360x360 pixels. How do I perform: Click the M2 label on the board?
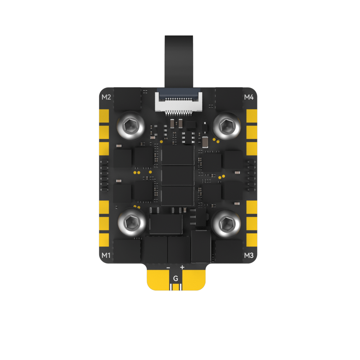tap(106, 97)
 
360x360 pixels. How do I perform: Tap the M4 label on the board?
tap(249, 97)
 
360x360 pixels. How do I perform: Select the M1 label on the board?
tap(106, 255)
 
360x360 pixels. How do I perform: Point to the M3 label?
tap(249, 255)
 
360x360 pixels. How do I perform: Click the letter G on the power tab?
tap(176, 279)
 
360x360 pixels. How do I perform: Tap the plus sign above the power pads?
tap(182, 267)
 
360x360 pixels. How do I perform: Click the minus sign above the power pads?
tap(168, 268)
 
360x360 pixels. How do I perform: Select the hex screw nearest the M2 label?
tap(131, 126)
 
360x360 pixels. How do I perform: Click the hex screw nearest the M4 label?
tap(227, 126)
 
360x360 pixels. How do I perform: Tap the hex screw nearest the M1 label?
tap(132, 223)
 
